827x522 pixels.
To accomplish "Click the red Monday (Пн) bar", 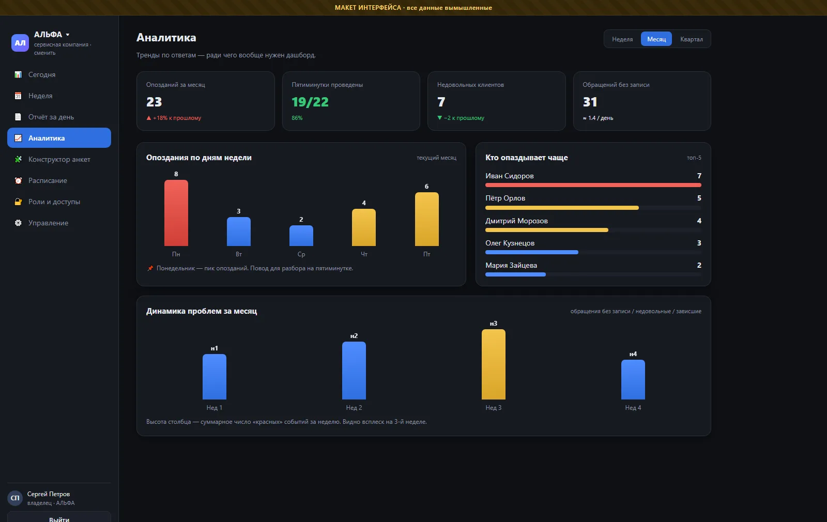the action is click(176, 212).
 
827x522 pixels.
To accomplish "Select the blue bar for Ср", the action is click(301, 236).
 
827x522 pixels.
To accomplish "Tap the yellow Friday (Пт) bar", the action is click(427, 219).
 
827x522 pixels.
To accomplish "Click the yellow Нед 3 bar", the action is click(493, 364).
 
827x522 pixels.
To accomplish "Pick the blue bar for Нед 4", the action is click(633, 379).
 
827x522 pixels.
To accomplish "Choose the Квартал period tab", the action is click(691, 39).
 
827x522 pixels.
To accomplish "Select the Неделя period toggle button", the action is click(622, 39).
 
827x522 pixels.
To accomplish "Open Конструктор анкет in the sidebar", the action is click(59, 159).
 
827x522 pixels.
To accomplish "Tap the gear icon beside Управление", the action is click(18, 223).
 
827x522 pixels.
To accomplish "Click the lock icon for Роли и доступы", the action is click(18, 202).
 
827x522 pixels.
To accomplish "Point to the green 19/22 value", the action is click(310, 102).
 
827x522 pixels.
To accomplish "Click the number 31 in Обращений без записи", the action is click(590, 102).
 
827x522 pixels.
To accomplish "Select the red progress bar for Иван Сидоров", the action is click(593, 185).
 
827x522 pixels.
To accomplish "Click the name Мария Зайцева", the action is click(511, 265).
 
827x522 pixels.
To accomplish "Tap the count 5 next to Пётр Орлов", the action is click(699, 198).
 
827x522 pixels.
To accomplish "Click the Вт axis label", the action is click(238, 254).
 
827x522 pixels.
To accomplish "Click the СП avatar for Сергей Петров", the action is click(15, 498).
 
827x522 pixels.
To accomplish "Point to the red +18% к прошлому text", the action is click(177, 118).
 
